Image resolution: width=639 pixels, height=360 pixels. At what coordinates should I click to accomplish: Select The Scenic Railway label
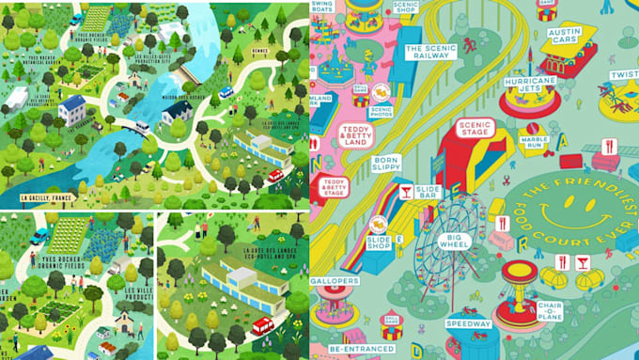tap(427, 51)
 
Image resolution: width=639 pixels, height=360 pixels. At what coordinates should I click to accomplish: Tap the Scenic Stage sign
tap(474, 128)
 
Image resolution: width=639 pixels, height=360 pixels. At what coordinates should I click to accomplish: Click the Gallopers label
tap(334, 281)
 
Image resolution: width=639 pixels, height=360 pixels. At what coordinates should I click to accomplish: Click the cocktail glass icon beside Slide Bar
tap(405, 192)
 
